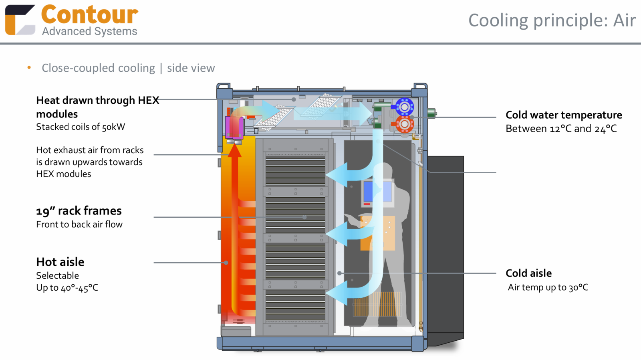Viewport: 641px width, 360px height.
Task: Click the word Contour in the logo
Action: (89, 15)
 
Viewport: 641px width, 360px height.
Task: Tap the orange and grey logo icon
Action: (20, 20)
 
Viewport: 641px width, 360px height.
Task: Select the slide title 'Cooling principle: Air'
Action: (552, 20)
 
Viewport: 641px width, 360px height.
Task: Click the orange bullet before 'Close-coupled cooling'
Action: (29, 67)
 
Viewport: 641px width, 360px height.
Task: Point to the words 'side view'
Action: (191, 68)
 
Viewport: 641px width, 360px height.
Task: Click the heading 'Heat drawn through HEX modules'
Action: (97, 107)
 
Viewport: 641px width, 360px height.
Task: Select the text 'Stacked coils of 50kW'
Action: (81, 127)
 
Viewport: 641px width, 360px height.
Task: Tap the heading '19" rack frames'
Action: (79, 210)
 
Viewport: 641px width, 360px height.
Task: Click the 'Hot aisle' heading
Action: (60, 262)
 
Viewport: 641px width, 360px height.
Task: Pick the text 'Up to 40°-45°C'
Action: (67, 287)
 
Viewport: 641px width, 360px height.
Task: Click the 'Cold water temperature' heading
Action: (564, 115)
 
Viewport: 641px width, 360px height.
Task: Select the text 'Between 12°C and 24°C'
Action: (561, 129)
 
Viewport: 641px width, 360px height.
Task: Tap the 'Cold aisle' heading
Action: (528, 273)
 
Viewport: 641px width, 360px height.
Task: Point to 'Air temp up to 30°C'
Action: (548, 287)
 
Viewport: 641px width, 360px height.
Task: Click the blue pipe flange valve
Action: (404, 107)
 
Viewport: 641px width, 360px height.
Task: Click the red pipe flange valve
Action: (404, 124)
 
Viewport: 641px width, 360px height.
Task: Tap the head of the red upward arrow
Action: (235, 150)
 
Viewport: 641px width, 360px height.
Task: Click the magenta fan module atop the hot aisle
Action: (234, 127)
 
